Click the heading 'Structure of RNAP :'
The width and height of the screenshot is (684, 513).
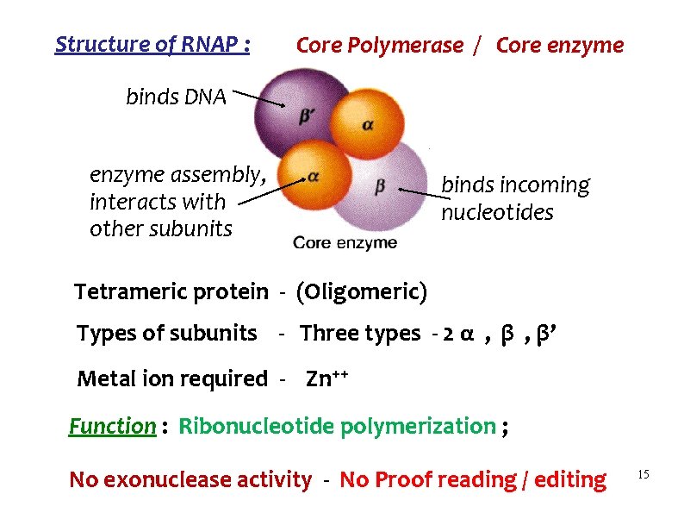click(152, 45)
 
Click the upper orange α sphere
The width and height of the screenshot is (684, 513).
click(367, 123)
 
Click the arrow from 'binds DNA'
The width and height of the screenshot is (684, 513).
click(258, 97)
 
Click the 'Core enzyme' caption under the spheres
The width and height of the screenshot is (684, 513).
click(345, 243)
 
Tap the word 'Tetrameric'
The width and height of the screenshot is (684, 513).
click(127, 292)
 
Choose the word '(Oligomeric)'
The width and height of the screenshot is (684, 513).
click(361, 292)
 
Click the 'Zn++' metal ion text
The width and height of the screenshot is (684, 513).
click(327, 378)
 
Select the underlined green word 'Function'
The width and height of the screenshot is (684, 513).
click(112, 426)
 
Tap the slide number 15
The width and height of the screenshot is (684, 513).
click(643, 475)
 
